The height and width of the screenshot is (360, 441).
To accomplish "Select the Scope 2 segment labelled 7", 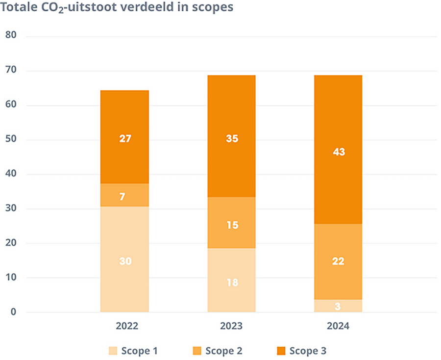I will point(124,195).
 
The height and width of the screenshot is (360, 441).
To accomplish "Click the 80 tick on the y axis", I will point(11,36).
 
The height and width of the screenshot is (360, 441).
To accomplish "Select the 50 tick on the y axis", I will point(11,140).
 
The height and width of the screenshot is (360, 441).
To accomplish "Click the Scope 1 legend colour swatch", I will point(113,351).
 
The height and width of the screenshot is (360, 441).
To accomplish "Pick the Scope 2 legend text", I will point(223,351).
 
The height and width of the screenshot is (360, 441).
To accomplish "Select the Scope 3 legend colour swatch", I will point(281,351).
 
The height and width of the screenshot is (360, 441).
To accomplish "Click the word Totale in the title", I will point(21,8).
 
